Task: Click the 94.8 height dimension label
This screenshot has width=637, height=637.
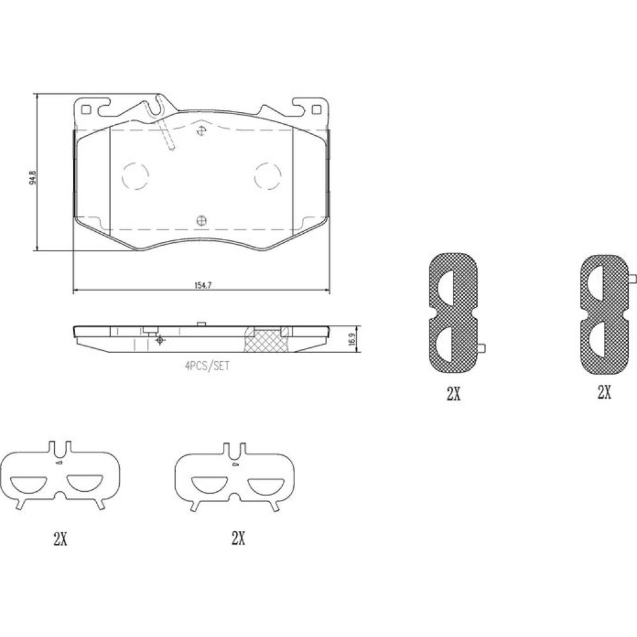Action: pyautogui.click(x=33, y=178)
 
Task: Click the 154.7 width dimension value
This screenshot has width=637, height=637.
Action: pyautogui.click(x=203, y=285)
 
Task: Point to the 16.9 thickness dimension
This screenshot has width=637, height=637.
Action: pyautogui.click(x=352, y=339)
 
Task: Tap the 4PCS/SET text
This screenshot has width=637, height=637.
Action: pyautogui.click(x=207, y=366)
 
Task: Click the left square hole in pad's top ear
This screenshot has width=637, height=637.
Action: pyautogui.click(x=86, y=110)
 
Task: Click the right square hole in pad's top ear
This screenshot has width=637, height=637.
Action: pyautogui.click(x=315, y=110)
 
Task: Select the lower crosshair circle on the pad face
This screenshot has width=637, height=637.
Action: pyautogui.click(x=201, y=220)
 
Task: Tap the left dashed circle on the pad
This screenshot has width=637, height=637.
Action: pyautogui.click(x=135, y=176)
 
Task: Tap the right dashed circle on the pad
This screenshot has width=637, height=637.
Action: pyautogui.click(x=268, y=176)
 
